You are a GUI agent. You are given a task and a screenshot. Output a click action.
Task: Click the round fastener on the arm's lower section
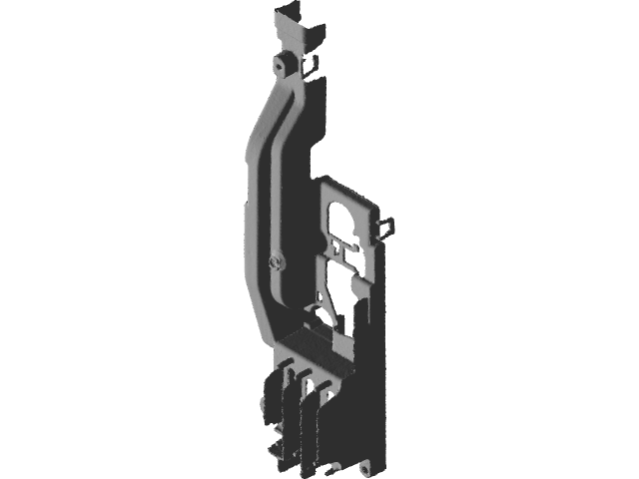[x=275, y=261]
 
